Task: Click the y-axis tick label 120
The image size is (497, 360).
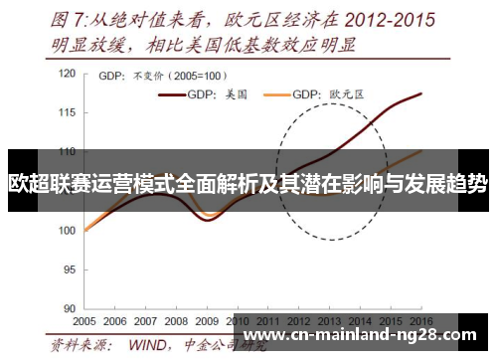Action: [x=68, y=75]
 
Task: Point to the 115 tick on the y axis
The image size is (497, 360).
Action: [x=68, y=113]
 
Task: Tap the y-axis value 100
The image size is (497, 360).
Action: [x=68, y=231]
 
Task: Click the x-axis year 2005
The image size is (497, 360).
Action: [x=84, y=321]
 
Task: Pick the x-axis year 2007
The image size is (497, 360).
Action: [x=146, y=321]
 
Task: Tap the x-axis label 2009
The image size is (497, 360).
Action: [x=207, y=321]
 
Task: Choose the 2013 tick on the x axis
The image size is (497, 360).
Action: [x=329, y=321]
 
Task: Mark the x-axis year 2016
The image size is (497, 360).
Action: [x=420, y=321]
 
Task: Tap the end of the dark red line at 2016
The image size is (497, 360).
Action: [x=420, y=93]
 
